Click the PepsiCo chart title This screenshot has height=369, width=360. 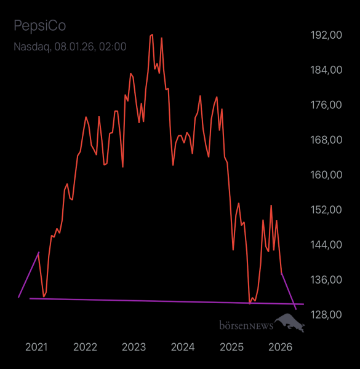(39, 26)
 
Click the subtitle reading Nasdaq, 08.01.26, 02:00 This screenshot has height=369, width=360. (70, 47)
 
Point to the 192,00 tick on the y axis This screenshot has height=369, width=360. (327, 35)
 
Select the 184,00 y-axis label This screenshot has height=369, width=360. (327, 70)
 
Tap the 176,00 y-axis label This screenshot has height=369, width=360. (327, 105)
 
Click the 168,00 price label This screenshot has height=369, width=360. (327, 140)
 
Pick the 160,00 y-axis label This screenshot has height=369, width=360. (327, 175)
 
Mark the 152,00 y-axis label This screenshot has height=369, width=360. (327, 210)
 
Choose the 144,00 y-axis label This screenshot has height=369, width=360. (327, 245)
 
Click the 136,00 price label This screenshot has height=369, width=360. (327, 280)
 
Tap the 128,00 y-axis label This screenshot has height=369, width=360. (327, 314)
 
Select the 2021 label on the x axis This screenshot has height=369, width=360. (36, 347)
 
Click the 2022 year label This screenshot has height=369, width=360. (85, 347)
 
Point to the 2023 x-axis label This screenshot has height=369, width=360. (134, 347)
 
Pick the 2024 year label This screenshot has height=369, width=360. (183, 347)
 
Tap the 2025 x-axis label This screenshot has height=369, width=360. (231, 347)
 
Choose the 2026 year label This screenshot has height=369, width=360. (281, 347)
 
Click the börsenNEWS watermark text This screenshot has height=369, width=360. (246, 324)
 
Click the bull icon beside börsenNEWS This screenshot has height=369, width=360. (290, 322)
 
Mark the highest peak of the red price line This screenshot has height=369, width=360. (152, 35)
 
